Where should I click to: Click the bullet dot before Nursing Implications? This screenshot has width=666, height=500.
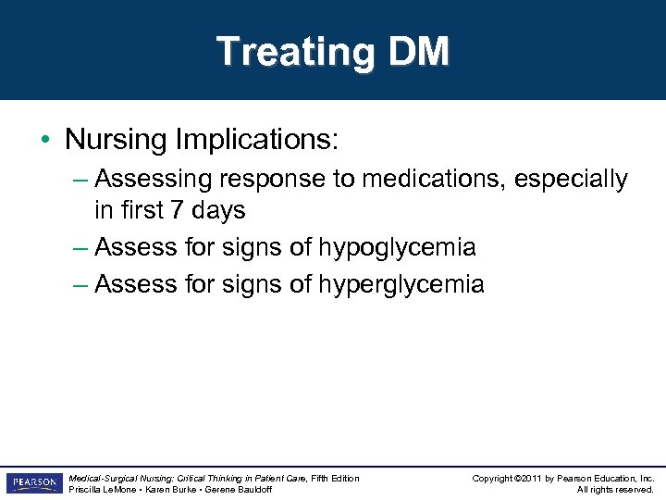45,141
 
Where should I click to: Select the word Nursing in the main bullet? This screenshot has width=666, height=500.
117,140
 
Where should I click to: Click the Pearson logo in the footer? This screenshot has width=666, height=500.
33,483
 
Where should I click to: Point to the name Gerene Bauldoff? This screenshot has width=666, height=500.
238,489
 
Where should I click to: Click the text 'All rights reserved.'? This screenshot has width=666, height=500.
615,489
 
